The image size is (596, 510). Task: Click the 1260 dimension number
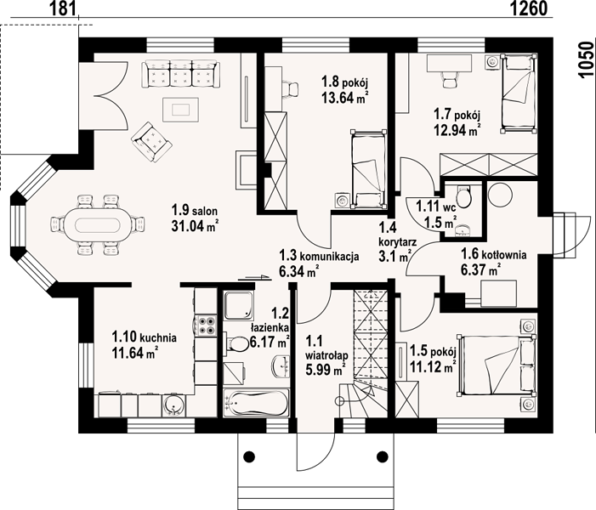tap(528, 8)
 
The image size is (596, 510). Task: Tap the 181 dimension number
tap(62, 8)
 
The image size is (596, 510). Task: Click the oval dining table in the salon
tap(99, 225)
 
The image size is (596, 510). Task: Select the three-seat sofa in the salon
tap(180, 73)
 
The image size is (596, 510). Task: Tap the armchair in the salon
tap(151, 142)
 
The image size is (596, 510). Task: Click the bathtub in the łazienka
tap(256, 403)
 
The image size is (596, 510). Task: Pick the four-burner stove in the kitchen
tap(206, 326)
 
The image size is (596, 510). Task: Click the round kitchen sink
tap(173, 405)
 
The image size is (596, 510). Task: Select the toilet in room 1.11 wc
tap(463, 195)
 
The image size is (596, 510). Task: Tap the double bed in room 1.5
tap(497, 365)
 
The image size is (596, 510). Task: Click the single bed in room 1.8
tap(368, 169)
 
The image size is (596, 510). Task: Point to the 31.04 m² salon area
tap(194, 226)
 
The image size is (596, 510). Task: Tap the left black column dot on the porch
tap(249, 456)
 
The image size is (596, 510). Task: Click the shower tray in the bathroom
tap(238, 305)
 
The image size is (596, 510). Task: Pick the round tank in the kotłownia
tap(500, 194)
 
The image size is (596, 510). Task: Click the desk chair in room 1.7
tap(449, 78)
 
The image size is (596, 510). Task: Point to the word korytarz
tap(398, 241)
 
